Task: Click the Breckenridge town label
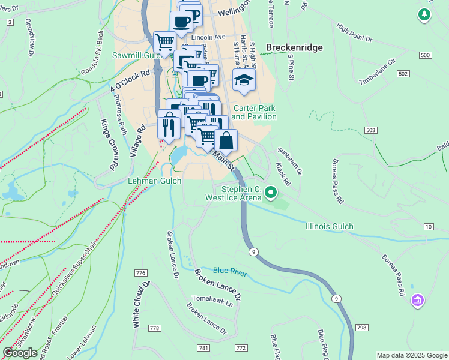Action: pyautogui.click(x=294, y=47)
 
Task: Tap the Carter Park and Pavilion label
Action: pyautogui.click(x=254, y=112)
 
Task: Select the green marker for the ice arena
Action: pyautogui.click(x=271, y=193)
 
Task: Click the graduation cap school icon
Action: pyautogui.click(x=243, y=80)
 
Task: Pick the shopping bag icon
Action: pyautogui.click(x=226, y=141)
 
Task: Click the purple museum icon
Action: pyautogui.click(x=418, y=299)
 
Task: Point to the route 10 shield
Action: pyautogui.click(x=428, y=226)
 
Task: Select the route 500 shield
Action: pyautogui.click(x=426, y=55)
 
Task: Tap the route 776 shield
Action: pyautogui.click(x=141, y=273)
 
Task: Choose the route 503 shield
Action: pyautogui.click(x=370, y=130)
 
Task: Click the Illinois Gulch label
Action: pyautogui.click(x=329, y=226)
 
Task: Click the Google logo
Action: pyautogui.click(x=20, y=353)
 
